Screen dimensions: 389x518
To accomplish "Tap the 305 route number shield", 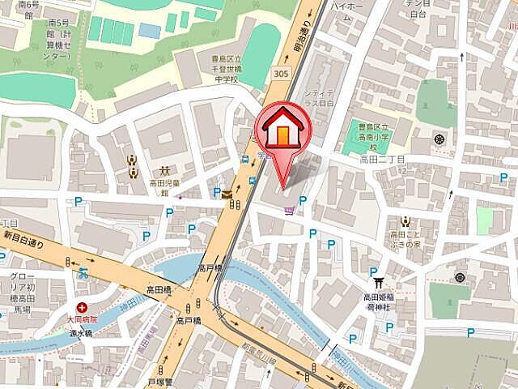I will (281, 73).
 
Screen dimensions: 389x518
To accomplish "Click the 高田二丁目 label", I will (381, 160).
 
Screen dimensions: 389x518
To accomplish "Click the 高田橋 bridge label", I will (159, 289).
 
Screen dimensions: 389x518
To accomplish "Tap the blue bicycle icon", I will (83, 273).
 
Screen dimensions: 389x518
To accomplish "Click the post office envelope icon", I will (227, 194).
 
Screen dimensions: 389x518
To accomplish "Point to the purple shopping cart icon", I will (289, 212).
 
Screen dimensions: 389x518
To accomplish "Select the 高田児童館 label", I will (162, 188).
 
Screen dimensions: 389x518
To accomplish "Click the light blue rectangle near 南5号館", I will (150, 31).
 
